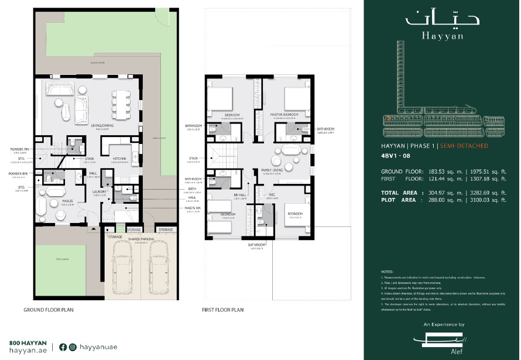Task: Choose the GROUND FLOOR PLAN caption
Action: pyautogui.click(x=49, y=309)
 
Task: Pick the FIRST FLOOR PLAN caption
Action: pyautogui.click(x=222, y=309)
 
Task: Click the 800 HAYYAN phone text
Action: pyautogui.click(x=28, y=342)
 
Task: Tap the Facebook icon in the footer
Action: pyautogui.click(x=63, y=347)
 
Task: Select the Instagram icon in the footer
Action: pyautogui.click(x=73, y=347)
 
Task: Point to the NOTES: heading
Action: pyautogui.click(x=386, y=272)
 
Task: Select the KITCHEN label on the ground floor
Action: pyautogui.click(x=119, y=159)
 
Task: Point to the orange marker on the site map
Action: pyautogui.click(x=388, y=117)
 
